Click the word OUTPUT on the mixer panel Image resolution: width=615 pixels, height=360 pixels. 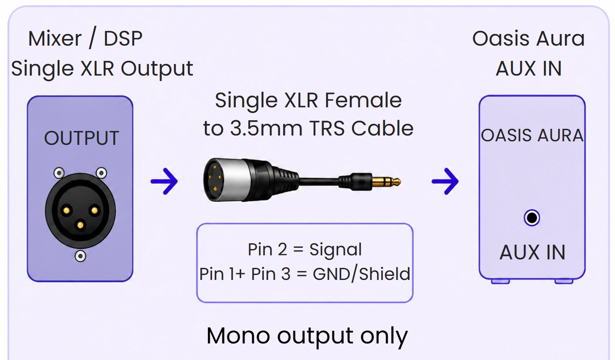tap(81, 138)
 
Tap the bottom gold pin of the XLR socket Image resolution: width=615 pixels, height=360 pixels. tap(80, 225)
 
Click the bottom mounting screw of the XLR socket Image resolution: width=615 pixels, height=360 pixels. tap(81, 256)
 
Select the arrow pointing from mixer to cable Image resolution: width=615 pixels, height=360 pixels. tap(164, 181)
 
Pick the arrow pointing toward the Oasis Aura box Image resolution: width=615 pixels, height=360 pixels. tap(445, 181)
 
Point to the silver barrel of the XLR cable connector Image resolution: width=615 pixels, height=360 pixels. tap(236, 180)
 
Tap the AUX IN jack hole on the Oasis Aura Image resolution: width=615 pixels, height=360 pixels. tap(532, 218)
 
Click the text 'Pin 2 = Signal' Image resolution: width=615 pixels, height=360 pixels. tap(305, 250)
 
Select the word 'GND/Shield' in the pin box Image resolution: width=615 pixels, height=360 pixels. tap(361, 274)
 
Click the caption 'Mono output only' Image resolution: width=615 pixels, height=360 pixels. tap(307, 336)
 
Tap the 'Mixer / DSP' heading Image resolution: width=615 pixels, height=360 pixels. tap(85, 38)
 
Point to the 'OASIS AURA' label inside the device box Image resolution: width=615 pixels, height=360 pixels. tap(532, 136)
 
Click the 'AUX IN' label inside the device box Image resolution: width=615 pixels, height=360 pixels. tap(532, 252)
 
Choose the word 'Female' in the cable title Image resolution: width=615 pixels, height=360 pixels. tap(363, 100)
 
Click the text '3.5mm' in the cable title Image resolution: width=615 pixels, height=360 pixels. tap(266, 128)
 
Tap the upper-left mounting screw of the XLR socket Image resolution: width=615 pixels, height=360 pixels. tap(59, 173)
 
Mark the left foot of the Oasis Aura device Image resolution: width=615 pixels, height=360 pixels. tap(500, 281)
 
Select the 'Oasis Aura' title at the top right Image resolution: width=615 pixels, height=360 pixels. tap(529, 38)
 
